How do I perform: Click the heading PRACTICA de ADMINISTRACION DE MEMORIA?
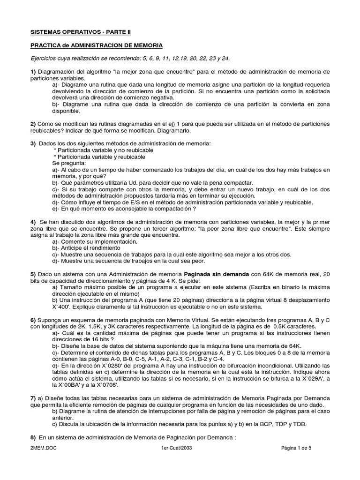pyautogui.click(x=97, y=45)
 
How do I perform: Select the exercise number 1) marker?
pyautogui.click(x=33, y=71)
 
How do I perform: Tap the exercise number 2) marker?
pyautogui.click(x=33, y=123)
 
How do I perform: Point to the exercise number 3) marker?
pyautogui.click(x=33, y=142)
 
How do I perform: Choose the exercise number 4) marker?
pyautogui.click(x=33, y=221)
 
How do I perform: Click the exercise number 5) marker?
pyautogui.click(x=33, y=273)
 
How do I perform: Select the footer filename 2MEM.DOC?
pyautogui.click(x=42, y=448)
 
